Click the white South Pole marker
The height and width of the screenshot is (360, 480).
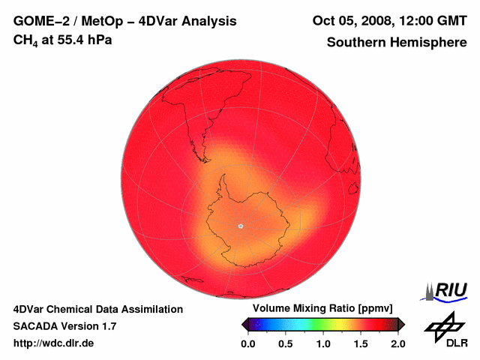pos(240,226)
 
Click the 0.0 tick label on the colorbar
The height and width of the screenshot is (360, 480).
pos(248,343)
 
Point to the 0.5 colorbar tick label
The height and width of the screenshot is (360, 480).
pos(286,343)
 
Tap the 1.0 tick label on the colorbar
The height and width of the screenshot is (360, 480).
pos(323,343)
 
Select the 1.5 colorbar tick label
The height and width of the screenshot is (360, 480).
pos(361,343)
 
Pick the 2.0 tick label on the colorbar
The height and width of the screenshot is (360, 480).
pos(397,343)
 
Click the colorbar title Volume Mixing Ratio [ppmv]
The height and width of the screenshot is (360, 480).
pos(319,309)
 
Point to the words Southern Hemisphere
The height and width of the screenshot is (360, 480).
pos(397,42)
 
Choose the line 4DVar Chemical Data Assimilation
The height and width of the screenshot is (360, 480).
pos(97,309)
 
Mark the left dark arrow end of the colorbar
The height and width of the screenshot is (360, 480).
pos(244,324)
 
